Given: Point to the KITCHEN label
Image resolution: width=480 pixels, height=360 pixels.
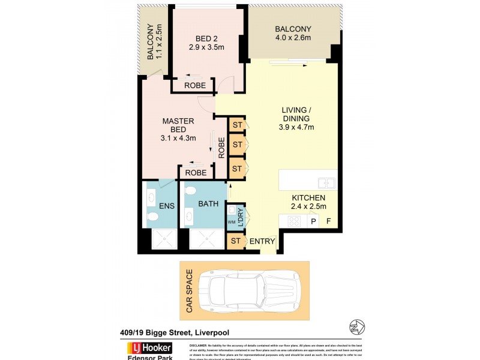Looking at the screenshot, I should (308, 198).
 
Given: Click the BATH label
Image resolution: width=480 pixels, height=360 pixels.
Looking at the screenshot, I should (208, 204).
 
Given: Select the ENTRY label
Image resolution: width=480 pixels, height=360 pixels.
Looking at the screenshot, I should (262, 242).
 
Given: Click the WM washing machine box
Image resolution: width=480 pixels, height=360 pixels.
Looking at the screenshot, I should (232, 223).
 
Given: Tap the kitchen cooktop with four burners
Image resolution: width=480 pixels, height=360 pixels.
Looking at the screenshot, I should (295, 221).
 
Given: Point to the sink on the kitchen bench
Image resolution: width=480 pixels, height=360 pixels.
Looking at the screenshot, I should (326, 183).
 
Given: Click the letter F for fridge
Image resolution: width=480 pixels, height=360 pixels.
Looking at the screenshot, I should (328, 221).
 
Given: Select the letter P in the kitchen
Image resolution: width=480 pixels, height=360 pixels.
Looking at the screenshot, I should (313, 221).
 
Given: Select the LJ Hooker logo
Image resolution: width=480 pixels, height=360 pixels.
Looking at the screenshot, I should (148, 348).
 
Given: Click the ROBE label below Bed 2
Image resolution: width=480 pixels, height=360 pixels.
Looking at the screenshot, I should (195, 86).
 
